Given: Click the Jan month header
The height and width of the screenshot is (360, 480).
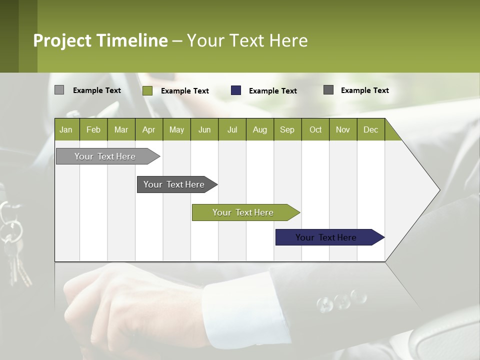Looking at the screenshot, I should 66,129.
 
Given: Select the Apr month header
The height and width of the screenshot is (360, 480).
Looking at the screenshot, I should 148,129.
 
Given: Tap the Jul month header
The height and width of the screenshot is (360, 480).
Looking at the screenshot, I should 232,129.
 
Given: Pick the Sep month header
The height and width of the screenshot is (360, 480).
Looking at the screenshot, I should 287,129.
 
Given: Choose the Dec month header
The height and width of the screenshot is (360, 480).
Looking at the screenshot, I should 370,129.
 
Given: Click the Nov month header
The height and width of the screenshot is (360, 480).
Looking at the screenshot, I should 342,129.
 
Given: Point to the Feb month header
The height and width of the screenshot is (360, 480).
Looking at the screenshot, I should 93,129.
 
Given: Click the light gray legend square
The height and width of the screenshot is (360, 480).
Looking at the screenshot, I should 59,90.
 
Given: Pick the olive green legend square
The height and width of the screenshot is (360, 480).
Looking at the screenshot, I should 147,90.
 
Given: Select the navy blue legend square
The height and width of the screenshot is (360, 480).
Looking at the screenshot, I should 236,90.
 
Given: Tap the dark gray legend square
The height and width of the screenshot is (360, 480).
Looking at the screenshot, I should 328,90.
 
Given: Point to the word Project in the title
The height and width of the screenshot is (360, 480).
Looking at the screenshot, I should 62,40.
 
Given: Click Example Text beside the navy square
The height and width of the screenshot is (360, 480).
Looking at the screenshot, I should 272,91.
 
